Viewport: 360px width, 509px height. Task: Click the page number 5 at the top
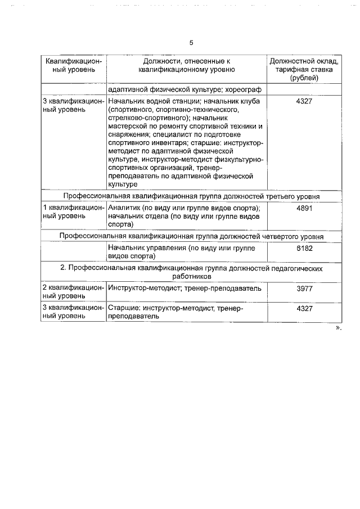[191, 43]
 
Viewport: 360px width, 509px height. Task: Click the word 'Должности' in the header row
[160, 61]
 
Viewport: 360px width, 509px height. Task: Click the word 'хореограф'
[245, 89]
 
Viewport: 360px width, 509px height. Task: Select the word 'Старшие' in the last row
[123, 309]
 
